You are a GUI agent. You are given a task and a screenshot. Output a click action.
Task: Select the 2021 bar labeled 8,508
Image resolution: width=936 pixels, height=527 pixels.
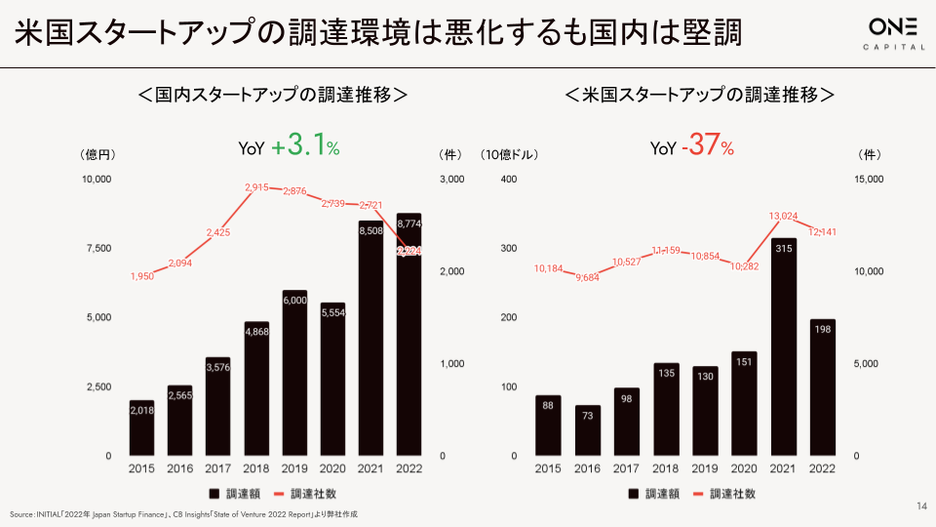pyautogui.click(x=370, y=342)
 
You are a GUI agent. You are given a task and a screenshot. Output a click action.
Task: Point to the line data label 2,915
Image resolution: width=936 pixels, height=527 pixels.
pyautogui.click(x=256, y=187)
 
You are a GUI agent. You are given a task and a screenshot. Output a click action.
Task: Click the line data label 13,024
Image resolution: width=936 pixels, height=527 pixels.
pyautogui.click(x=784, y=216)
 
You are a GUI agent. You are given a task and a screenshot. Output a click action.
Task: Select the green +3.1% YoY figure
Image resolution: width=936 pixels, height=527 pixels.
pyautogui.click(x=306, y=147)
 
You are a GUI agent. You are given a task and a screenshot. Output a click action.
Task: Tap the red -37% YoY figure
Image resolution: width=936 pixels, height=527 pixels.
pyautogui.click(x=710, y=147)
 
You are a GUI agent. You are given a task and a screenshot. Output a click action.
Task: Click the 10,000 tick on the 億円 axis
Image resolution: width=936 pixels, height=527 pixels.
pyautogui.click(x=97, y=180)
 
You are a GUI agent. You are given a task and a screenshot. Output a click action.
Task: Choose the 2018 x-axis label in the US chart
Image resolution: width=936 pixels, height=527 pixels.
pyautogui.click(x=666, y=468)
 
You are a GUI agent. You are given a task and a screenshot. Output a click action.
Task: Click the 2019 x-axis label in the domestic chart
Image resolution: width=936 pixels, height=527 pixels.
pyautogui.click(x=294, y=468)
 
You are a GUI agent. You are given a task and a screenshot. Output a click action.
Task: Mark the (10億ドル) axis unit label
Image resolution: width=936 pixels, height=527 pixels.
pyautogui.click(x=509, y=154)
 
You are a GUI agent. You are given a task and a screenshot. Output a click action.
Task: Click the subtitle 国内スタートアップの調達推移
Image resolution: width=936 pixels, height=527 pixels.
pyautogui.click(x=272, y=95)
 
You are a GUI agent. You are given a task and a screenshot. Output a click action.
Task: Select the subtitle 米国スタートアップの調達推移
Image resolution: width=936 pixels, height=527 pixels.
pyautogui.click(x=700, y=95)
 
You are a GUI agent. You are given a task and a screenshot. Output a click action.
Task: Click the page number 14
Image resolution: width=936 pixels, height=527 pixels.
pyautogui.click(x=921, y=506)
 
